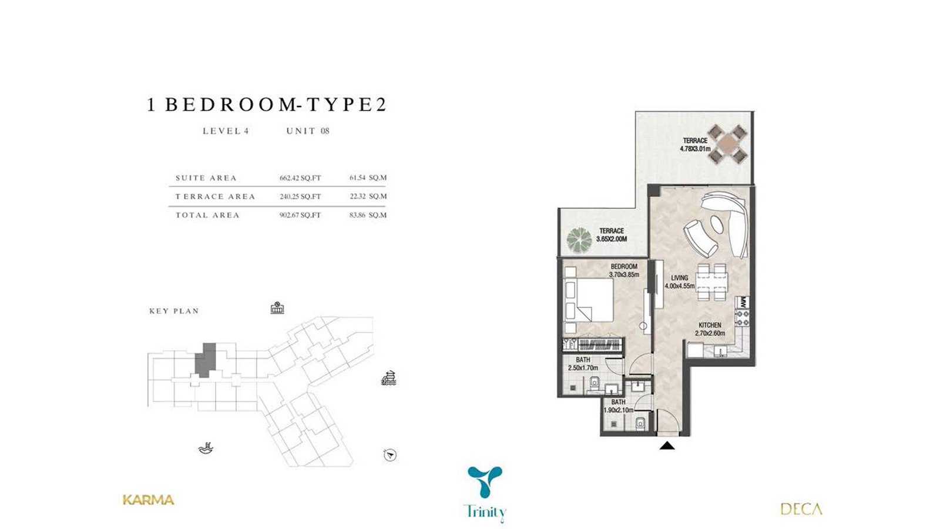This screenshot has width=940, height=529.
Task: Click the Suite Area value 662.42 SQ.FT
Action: click(300, 178)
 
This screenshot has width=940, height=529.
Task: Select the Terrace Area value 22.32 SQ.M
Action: click(368, 196)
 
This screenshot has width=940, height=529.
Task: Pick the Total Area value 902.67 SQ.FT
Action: click(300, 215)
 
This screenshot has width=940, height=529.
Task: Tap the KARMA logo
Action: click(149, 500)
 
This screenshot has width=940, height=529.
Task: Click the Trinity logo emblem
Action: click(485, 481)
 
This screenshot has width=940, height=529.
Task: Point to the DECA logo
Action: click(801, 509)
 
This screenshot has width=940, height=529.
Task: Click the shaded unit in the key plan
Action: click(206, 360)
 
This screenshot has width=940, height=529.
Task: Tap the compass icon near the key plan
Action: click(390, 455)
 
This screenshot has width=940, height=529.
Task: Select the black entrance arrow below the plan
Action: click(667, 446)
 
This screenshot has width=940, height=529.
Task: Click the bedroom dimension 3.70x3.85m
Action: click(624, 275)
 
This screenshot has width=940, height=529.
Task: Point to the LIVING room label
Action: click(679, 278)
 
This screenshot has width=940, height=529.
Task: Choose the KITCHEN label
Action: click(710, 326)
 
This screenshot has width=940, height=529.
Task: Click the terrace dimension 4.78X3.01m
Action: click(695, 149)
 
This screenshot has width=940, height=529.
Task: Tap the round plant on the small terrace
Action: click(579, 239)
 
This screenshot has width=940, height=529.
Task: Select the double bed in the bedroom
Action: click(589, 300)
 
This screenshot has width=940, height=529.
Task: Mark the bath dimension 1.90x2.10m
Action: click(618, 410)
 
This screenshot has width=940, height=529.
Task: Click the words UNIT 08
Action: click(308, 131)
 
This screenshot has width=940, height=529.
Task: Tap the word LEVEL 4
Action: click(226, 131)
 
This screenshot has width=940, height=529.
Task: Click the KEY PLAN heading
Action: click(174, 311)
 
